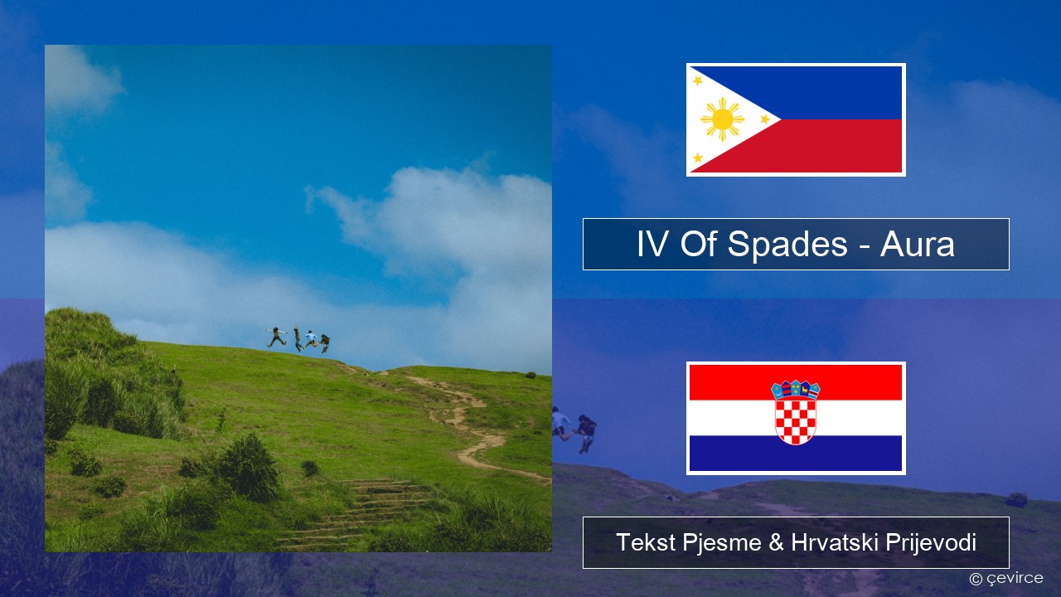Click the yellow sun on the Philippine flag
coord(722,119)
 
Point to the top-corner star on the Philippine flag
coord(698,80)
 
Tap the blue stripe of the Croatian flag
coord(796,454)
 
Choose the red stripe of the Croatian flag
coord(796,382)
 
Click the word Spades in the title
coord(787,245)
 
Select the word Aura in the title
coord(917,245)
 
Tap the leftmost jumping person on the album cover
coord(276,337)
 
